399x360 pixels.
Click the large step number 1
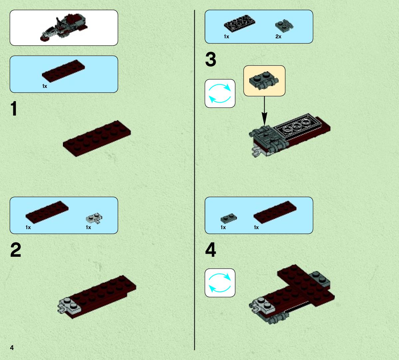[x=14, y=109]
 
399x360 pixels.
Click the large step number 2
[x=16, y=250]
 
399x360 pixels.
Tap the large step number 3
[x=211, y=59]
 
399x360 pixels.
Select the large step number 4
[x=211, y=250]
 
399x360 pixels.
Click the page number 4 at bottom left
[x=12, y=348]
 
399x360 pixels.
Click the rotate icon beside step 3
[x=220, y=94]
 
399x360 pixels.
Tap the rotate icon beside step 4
[x=220, y=283]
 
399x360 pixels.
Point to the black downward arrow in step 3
[x=264, y=111]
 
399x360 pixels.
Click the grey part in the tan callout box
[x=264, y=81]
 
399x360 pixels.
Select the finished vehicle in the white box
[x=64, y=27]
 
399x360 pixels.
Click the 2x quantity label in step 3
[x=279, y=37]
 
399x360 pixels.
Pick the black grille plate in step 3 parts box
[x=240, y=24]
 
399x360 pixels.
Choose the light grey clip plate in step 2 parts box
[x=94, y=218]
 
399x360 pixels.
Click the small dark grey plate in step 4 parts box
[x=229, y=218]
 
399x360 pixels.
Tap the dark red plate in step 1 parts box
[x=63, y=71]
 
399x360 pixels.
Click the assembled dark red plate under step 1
[x=97, y=139]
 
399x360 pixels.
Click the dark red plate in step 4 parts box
[x=275, y=212]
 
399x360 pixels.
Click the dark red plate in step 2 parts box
[x=47, y=212]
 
